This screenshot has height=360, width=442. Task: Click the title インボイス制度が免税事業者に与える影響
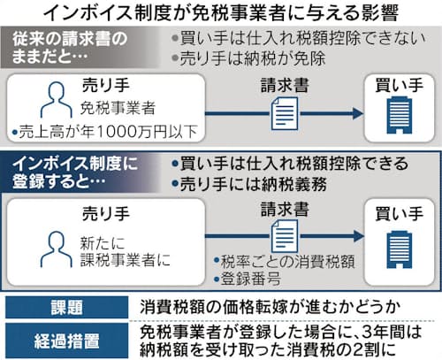221,12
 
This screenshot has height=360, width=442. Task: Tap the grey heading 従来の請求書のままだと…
70,47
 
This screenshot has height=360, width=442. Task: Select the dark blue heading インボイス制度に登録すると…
75,172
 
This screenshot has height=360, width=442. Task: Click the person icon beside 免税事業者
57,100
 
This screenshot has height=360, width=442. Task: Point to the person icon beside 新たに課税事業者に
57,249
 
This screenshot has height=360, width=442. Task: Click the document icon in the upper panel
285,113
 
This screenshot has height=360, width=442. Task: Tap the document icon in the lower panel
285,236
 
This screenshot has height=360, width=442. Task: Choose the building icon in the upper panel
400,116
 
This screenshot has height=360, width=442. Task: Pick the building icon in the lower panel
400,250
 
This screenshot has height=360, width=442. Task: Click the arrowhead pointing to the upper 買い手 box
358,113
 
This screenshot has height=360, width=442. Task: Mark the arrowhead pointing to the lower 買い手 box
359,236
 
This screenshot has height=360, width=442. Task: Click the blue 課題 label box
66,307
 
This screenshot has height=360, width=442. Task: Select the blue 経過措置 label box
66,341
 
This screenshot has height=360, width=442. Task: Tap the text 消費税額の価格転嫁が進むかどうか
270,307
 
